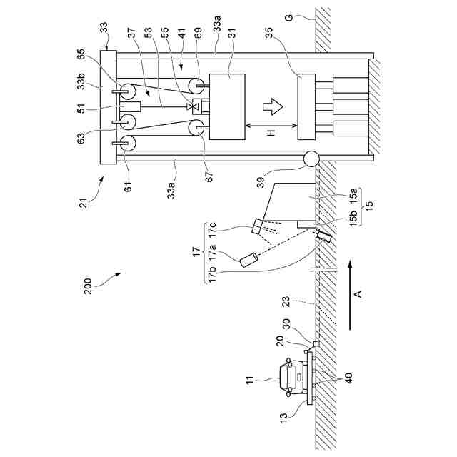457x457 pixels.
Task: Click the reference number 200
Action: point(88,286)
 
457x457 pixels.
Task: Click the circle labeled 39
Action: point(311,159)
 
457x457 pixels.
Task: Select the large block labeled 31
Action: point(227,106)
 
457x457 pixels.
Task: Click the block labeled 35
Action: point(306,106)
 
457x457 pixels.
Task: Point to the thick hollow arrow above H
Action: point(273,106)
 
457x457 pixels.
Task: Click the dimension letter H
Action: point(271,133)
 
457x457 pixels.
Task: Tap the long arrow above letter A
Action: point(351,295)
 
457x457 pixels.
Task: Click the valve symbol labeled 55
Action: point(192,107)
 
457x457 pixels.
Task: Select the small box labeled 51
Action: point(130,106)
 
